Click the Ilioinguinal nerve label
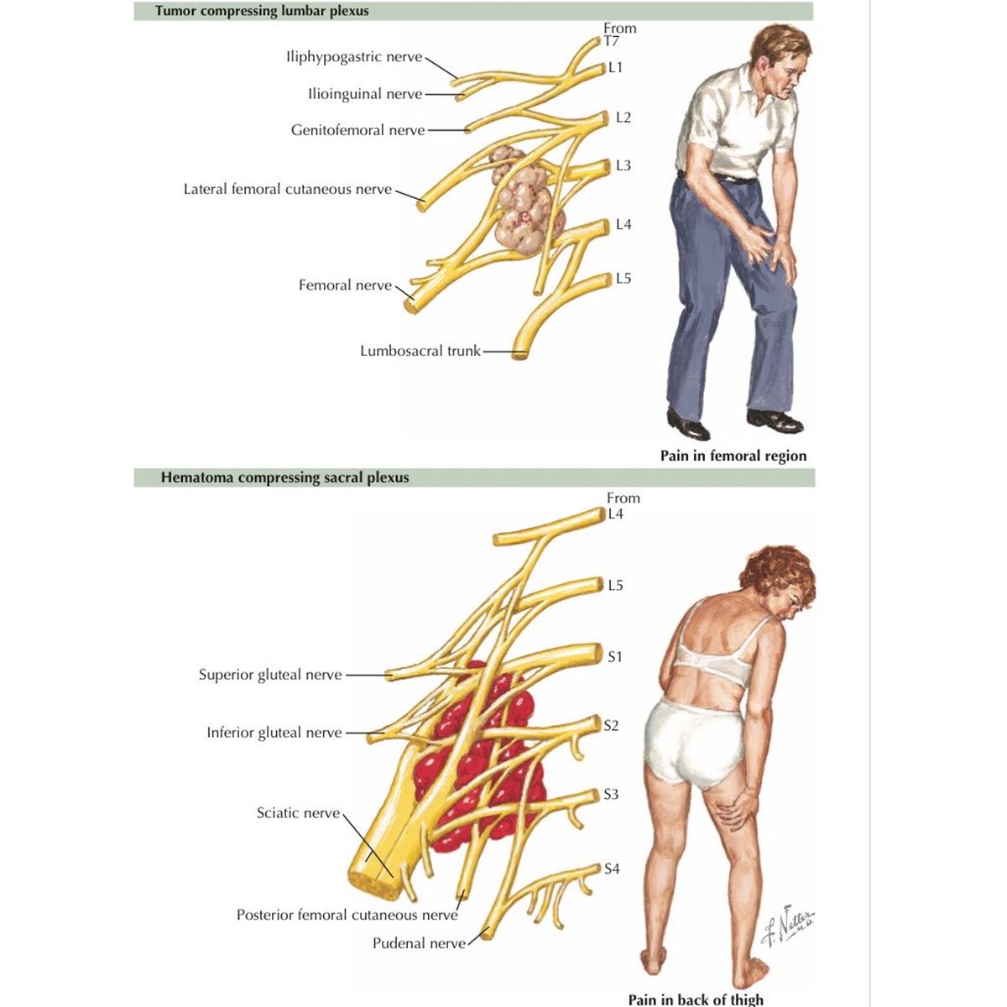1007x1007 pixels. tap(365, 94)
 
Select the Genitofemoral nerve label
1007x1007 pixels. tap(357, 130)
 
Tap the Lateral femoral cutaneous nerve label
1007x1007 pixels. tap(288, 189)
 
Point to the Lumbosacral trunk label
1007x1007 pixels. tap(420, 351)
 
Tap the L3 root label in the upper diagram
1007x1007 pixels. tap(623, 165)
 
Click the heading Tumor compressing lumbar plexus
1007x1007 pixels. tap(262, 11)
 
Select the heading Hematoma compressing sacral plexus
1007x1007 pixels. tap(284, 477)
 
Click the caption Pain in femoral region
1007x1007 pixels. tap(733, 456)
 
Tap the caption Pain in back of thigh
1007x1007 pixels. tap(696, 999)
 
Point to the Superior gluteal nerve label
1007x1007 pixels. tap(270, 675)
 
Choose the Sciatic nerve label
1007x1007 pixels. tap(298, 813)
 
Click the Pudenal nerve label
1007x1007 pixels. tap(419, 943)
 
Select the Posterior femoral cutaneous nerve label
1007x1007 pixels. tap(347, 915)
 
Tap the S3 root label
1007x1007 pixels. tap(611, 794)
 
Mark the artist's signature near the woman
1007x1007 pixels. tap(787, 925)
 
